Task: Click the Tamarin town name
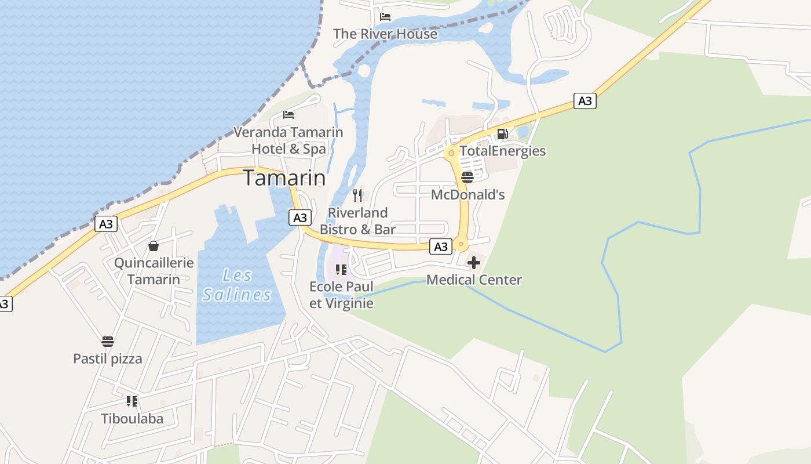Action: click(x=284, y=177)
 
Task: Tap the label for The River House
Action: click(x=385, y=34)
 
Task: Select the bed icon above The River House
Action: click(x=385, y=17)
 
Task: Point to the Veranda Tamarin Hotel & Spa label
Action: click(x=288, y=140)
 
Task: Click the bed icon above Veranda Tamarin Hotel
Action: click(x=288, y=115)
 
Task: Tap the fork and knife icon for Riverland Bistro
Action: click(x=357, y=195)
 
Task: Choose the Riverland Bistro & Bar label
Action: click(x=358, y=221)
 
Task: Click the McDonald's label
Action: click(x=468, y=195)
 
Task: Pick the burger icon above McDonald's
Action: click(x=467, y=177)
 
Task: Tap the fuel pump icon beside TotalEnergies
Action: click(x=502, y=135)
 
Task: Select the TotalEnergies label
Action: click(x=502, y=151)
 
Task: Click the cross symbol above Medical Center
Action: click(x=474, y=263)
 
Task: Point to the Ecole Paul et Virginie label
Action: click(x=342, y=295)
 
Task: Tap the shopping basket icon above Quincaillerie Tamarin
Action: click(x=154, y=246)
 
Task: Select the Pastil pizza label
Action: click(x=108, y=358)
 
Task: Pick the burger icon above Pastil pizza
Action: click(x=108, y=341)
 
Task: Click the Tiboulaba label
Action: click(x=132, y=419)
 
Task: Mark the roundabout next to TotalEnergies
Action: click(x=451, y=153)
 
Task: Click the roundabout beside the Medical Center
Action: click(x=461, y=245)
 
